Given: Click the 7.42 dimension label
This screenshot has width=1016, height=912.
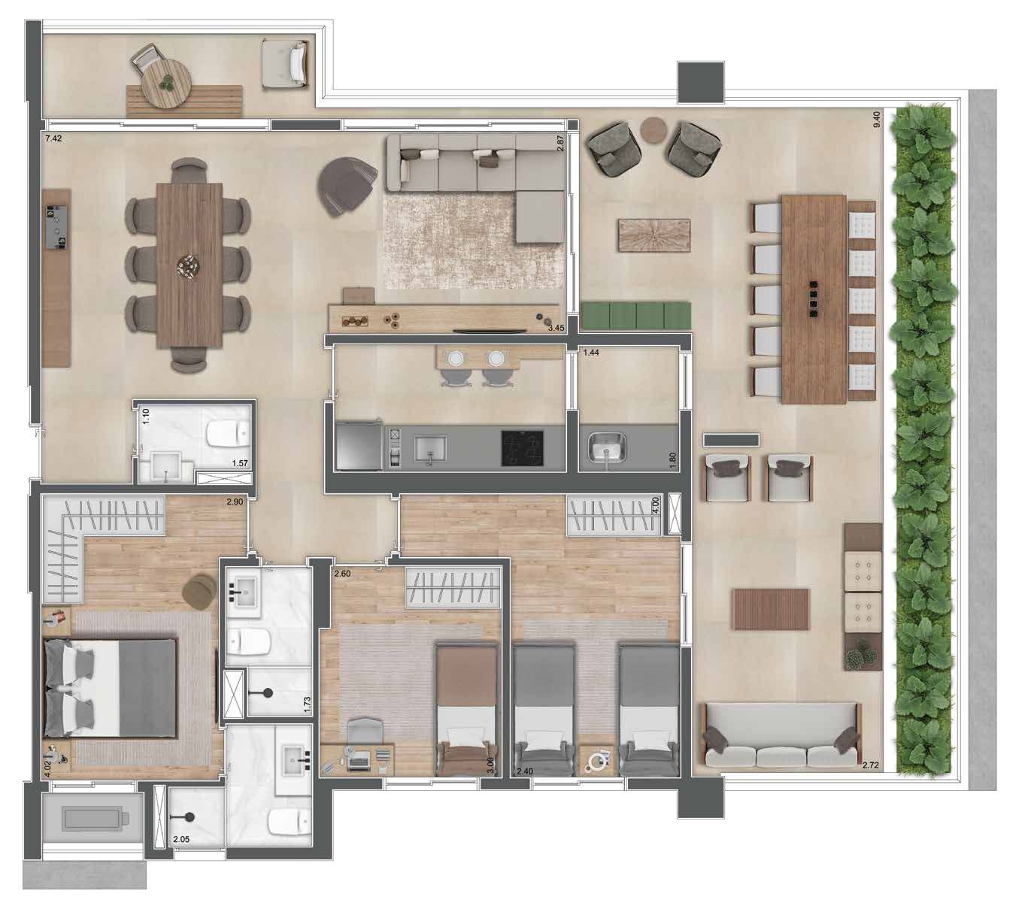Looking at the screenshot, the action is click(53, 138).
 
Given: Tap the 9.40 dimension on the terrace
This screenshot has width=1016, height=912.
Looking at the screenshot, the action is click(876, 120).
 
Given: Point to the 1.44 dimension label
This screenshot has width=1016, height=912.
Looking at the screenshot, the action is click(591, 353).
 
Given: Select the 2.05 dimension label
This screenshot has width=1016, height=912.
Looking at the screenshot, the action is click(181, 839).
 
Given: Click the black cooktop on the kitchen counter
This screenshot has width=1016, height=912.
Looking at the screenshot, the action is click(522, 447).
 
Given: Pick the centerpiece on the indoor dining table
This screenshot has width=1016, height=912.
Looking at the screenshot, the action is click(189, 264).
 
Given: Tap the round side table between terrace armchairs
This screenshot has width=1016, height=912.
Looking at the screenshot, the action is click(654, 130).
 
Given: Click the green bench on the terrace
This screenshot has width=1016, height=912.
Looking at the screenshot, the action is click(636, 316).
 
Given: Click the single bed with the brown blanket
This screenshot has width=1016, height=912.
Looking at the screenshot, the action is click(467, 711).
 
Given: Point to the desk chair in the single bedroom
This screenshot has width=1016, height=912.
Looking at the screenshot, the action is click(365, 732).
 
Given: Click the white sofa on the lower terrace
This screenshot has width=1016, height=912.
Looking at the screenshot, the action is click(781, 735).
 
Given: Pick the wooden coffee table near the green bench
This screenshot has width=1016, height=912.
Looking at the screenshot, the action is click(654, 235).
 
